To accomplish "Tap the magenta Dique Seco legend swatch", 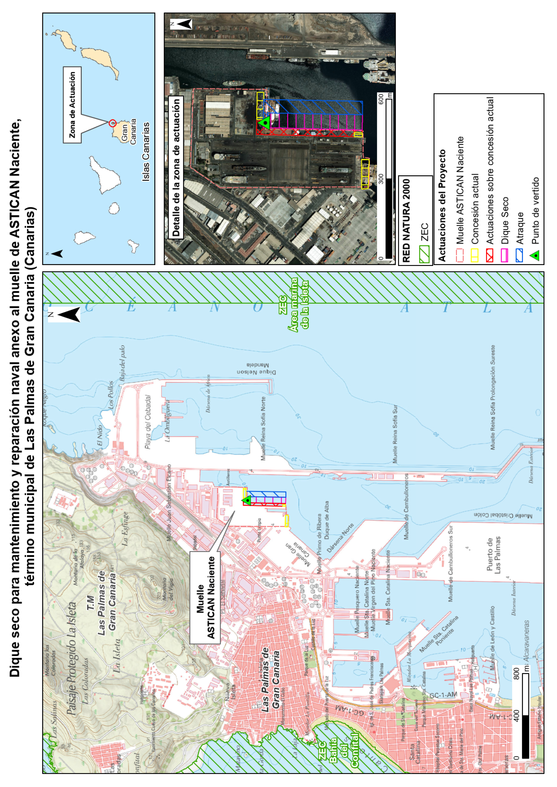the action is pos(505,255).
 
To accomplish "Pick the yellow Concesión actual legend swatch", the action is pos(475,255).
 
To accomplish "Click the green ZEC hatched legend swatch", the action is pos(424,255).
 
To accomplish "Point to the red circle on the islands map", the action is pos(112,123).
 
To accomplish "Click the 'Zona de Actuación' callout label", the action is pos(72,105).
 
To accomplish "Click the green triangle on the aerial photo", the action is pos(264,122).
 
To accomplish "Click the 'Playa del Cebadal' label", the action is pos(148,422).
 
